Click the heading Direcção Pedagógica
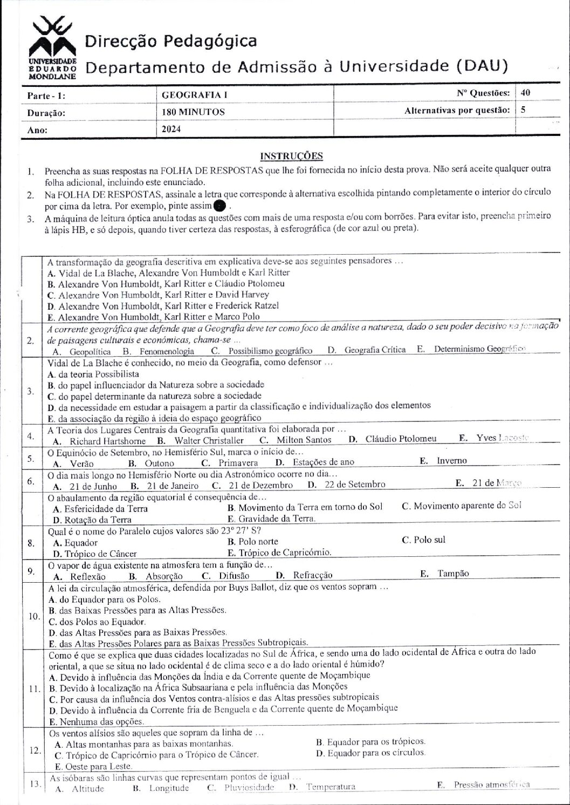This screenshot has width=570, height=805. (x=171, y=42)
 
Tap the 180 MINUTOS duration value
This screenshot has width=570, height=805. (x=193, y=112)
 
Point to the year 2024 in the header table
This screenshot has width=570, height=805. (x=171, y=129)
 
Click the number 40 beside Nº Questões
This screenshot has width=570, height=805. (x=526, y=93)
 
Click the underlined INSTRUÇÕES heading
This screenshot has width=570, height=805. (x=291, y=156)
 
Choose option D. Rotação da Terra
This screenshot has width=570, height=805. (x=92, y=520)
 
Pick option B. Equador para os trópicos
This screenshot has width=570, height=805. (x=370, y=742)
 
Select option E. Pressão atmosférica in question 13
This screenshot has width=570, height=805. (x=484, y=786)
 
